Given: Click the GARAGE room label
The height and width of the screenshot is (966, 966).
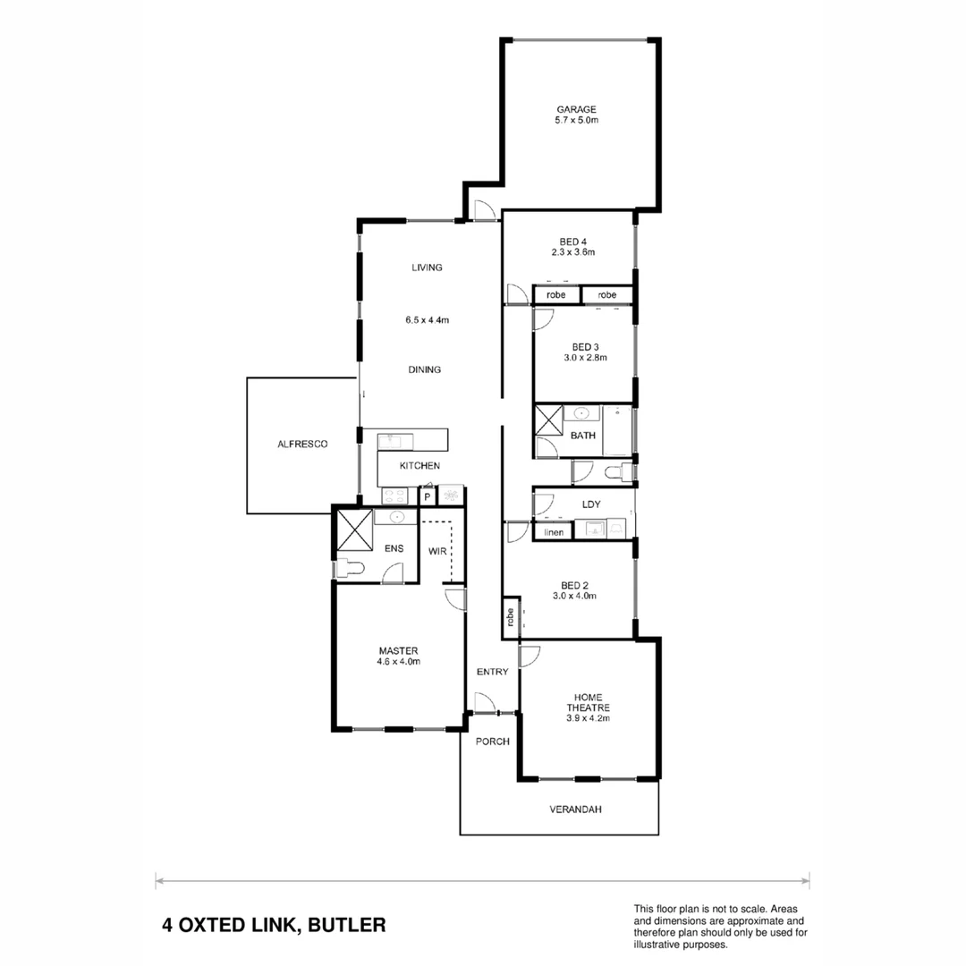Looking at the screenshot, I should point(576,109).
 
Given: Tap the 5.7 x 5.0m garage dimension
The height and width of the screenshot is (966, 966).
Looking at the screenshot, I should point(576,120).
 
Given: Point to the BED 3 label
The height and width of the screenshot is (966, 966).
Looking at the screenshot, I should point(585,347).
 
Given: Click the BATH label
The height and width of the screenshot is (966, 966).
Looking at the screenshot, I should point(583,436).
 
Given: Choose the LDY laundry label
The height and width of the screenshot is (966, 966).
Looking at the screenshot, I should point(590,504).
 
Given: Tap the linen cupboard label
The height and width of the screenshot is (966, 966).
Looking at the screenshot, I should point(554,532).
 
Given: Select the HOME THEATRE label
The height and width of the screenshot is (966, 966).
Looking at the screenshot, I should point(588,702).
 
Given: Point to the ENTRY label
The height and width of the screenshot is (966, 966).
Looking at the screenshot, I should point(492,672).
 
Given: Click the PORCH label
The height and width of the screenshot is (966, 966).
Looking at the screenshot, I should point(492,741).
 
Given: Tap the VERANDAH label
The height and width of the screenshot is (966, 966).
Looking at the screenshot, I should point(575,809).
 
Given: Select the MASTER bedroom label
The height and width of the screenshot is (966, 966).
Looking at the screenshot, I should point(399,650).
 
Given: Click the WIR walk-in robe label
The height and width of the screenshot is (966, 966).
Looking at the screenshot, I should point(437,552).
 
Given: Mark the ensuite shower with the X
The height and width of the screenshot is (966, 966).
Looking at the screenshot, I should point(353,528).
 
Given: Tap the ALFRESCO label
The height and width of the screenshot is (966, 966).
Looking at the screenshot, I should point(301,444).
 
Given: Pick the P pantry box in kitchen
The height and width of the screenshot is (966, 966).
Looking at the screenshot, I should point(428,496).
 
